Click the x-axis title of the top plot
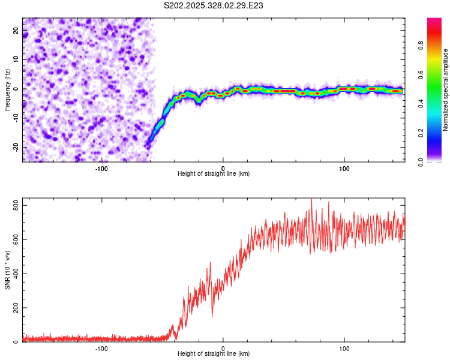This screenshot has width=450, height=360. (214, 173)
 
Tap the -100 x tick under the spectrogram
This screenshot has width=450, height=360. (101, 168)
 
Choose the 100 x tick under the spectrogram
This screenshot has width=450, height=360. (344, 168)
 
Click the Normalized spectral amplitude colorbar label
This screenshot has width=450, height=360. (445, 90)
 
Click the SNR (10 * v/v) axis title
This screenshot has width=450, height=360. (7, 269)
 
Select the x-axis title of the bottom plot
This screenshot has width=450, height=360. (214, 353)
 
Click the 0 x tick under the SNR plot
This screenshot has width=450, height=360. (223, 348)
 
